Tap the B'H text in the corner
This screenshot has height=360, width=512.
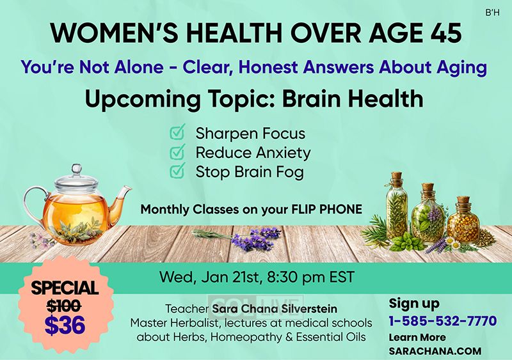coord(492,13)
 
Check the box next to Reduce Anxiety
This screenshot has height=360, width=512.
coord(178,152)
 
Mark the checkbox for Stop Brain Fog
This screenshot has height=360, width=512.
coord(178,171)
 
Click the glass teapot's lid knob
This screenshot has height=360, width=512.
coord(77,169)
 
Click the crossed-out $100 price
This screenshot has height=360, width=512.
coord(64,306)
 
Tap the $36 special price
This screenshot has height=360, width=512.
coord(65,325)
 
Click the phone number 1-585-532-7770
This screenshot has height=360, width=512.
coord(443,321)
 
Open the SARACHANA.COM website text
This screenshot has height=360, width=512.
coord(435,351)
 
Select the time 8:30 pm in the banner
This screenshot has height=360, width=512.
coord(296,278)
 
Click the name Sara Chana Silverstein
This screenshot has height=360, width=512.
coord(275,308)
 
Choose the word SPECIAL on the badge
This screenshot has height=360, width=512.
coord(65,288)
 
